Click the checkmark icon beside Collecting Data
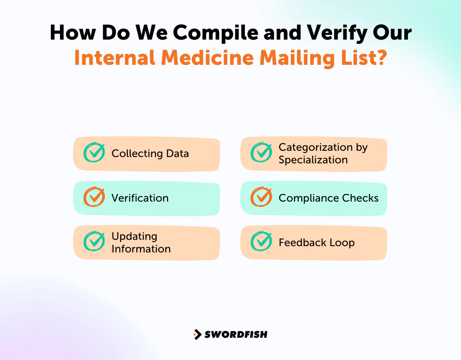pyautogui.click(x=94, y=153)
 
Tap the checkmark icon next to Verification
pyautogui.click(x=94, y=197)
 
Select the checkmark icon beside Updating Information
pyautogui.click(x=94, y=242)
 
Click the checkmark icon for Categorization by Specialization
pyautogui.click(x=261, y=153)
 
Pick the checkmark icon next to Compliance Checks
pyautogui.click(x=261, y=197)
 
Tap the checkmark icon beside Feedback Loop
pyautogui.click(x=261, y=242)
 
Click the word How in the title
pyautogui.click(x=73, y=33)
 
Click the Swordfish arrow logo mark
pyautogui.click(x=197, y=334)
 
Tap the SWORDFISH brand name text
pyautogui.click(x=236, y=334)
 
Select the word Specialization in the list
pyautogui.click(x=313, y=160)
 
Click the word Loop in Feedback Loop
pyautogui.click(x=343, y=243)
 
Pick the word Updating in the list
pyautogui.click(x=134, y=236)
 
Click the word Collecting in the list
pyautogui.click(x=131, y=153)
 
